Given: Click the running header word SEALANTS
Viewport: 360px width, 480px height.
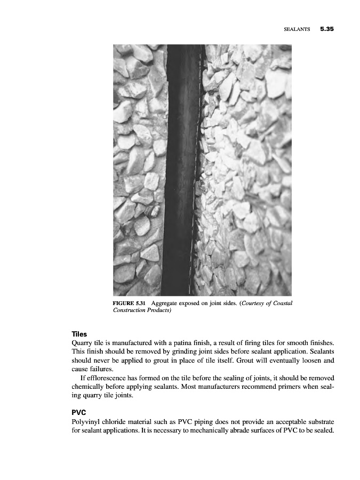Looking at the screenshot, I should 297,30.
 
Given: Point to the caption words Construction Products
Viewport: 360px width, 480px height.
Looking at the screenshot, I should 142,310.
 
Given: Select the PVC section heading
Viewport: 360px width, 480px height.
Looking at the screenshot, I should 79,413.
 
